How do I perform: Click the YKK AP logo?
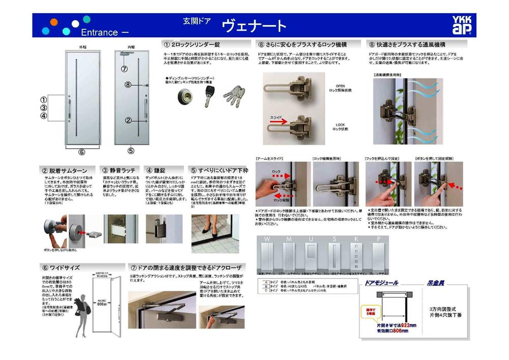tap(462, 25)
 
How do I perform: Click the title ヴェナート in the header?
tap(254, 26)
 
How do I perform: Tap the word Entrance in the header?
tap(99, 32)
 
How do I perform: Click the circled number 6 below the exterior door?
tap(81, 152)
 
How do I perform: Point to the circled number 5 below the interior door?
tap(131, 151)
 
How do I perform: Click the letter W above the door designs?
tap(266, 239)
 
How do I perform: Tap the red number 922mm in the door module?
tap(406, 325)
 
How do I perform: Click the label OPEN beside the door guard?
tap(340, 85)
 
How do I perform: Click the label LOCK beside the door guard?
tap(340, 125)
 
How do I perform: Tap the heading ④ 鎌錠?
tap(158, 170)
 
